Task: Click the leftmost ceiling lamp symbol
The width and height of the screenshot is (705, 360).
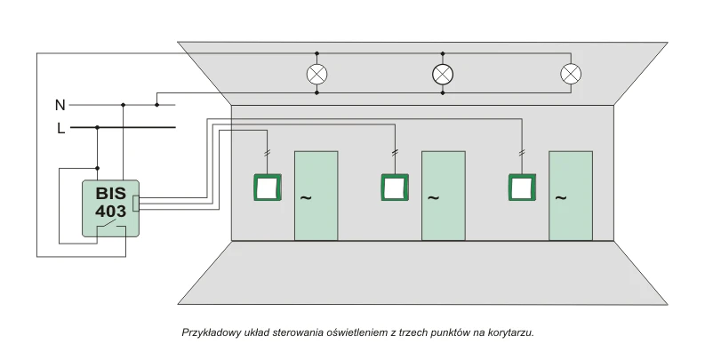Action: (317, 74)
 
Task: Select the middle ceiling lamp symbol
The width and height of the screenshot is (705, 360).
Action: (443, 74)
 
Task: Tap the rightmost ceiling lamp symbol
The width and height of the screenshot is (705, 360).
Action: (571, 74)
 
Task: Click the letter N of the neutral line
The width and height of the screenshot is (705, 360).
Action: (60, 105)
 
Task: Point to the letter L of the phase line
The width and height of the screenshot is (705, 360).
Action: (60, 129)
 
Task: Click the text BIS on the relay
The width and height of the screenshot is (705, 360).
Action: (110, 194)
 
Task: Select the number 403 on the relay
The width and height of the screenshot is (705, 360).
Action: (110, 211)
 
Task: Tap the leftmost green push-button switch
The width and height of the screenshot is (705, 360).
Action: (268, 188)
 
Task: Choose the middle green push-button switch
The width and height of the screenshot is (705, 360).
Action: (395, 188)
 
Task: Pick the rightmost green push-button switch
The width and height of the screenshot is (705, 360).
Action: (522, 188)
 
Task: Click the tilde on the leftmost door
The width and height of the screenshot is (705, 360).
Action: (306, 197)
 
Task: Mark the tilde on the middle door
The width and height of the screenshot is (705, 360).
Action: (433, 197)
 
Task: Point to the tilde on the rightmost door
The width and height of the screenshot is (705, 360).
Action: (561, 197)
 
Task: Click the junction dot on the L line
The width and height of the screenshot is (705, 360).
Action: (97, 128)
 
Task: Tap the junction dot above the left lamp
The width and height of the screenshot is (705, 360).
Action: (317, 53)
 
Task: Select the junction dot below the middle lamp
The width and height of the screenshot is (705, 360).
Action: (443, 93)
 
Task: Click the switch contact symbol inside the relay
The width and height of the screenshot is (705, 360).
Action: (110, 225)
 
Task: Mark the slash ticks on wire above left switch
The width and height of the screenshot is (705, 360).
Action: (267, 153)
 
